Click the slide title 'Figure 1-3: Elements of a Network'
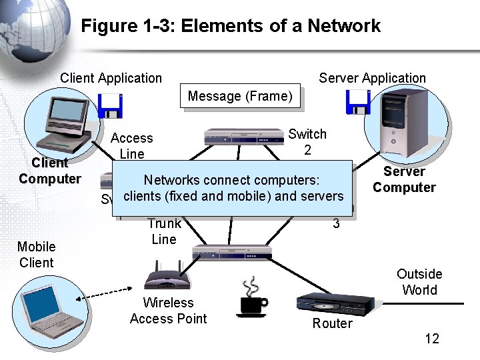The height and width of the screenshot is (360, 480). [x=231, y=26]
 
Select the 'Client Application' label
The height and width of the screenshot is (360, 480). [x=111, y=78]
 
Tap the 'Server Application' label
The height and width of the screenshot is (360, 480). [x=372, y=78]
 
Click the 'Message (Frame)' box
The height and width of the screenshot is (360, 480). [x=240, y=96]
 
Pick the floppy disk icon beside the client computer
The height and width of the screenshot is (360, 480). [x=109, y=105]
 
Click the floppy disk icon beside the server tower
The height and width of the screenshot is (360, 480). [x=357, y=101]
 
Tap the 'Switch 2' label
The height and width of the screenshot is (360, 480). [x=307, y=142]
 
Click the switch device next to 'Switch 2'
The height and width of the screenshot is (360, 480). [x=244, y=137]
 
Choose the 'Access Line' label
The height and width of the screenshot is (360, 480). [x=131, y=145]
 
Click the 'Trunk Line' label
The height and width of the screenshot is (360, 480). [x=164, y=231]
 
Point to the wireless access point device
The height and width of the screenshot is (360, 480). [x=167, y=276]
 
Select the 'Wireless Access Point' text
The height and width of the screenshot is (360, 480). [x=168, y=311]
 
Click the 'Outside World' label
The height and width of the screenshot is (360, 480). [x=419, y=282]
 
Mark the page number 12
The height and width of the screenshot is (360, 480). [x=432, y=339]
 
